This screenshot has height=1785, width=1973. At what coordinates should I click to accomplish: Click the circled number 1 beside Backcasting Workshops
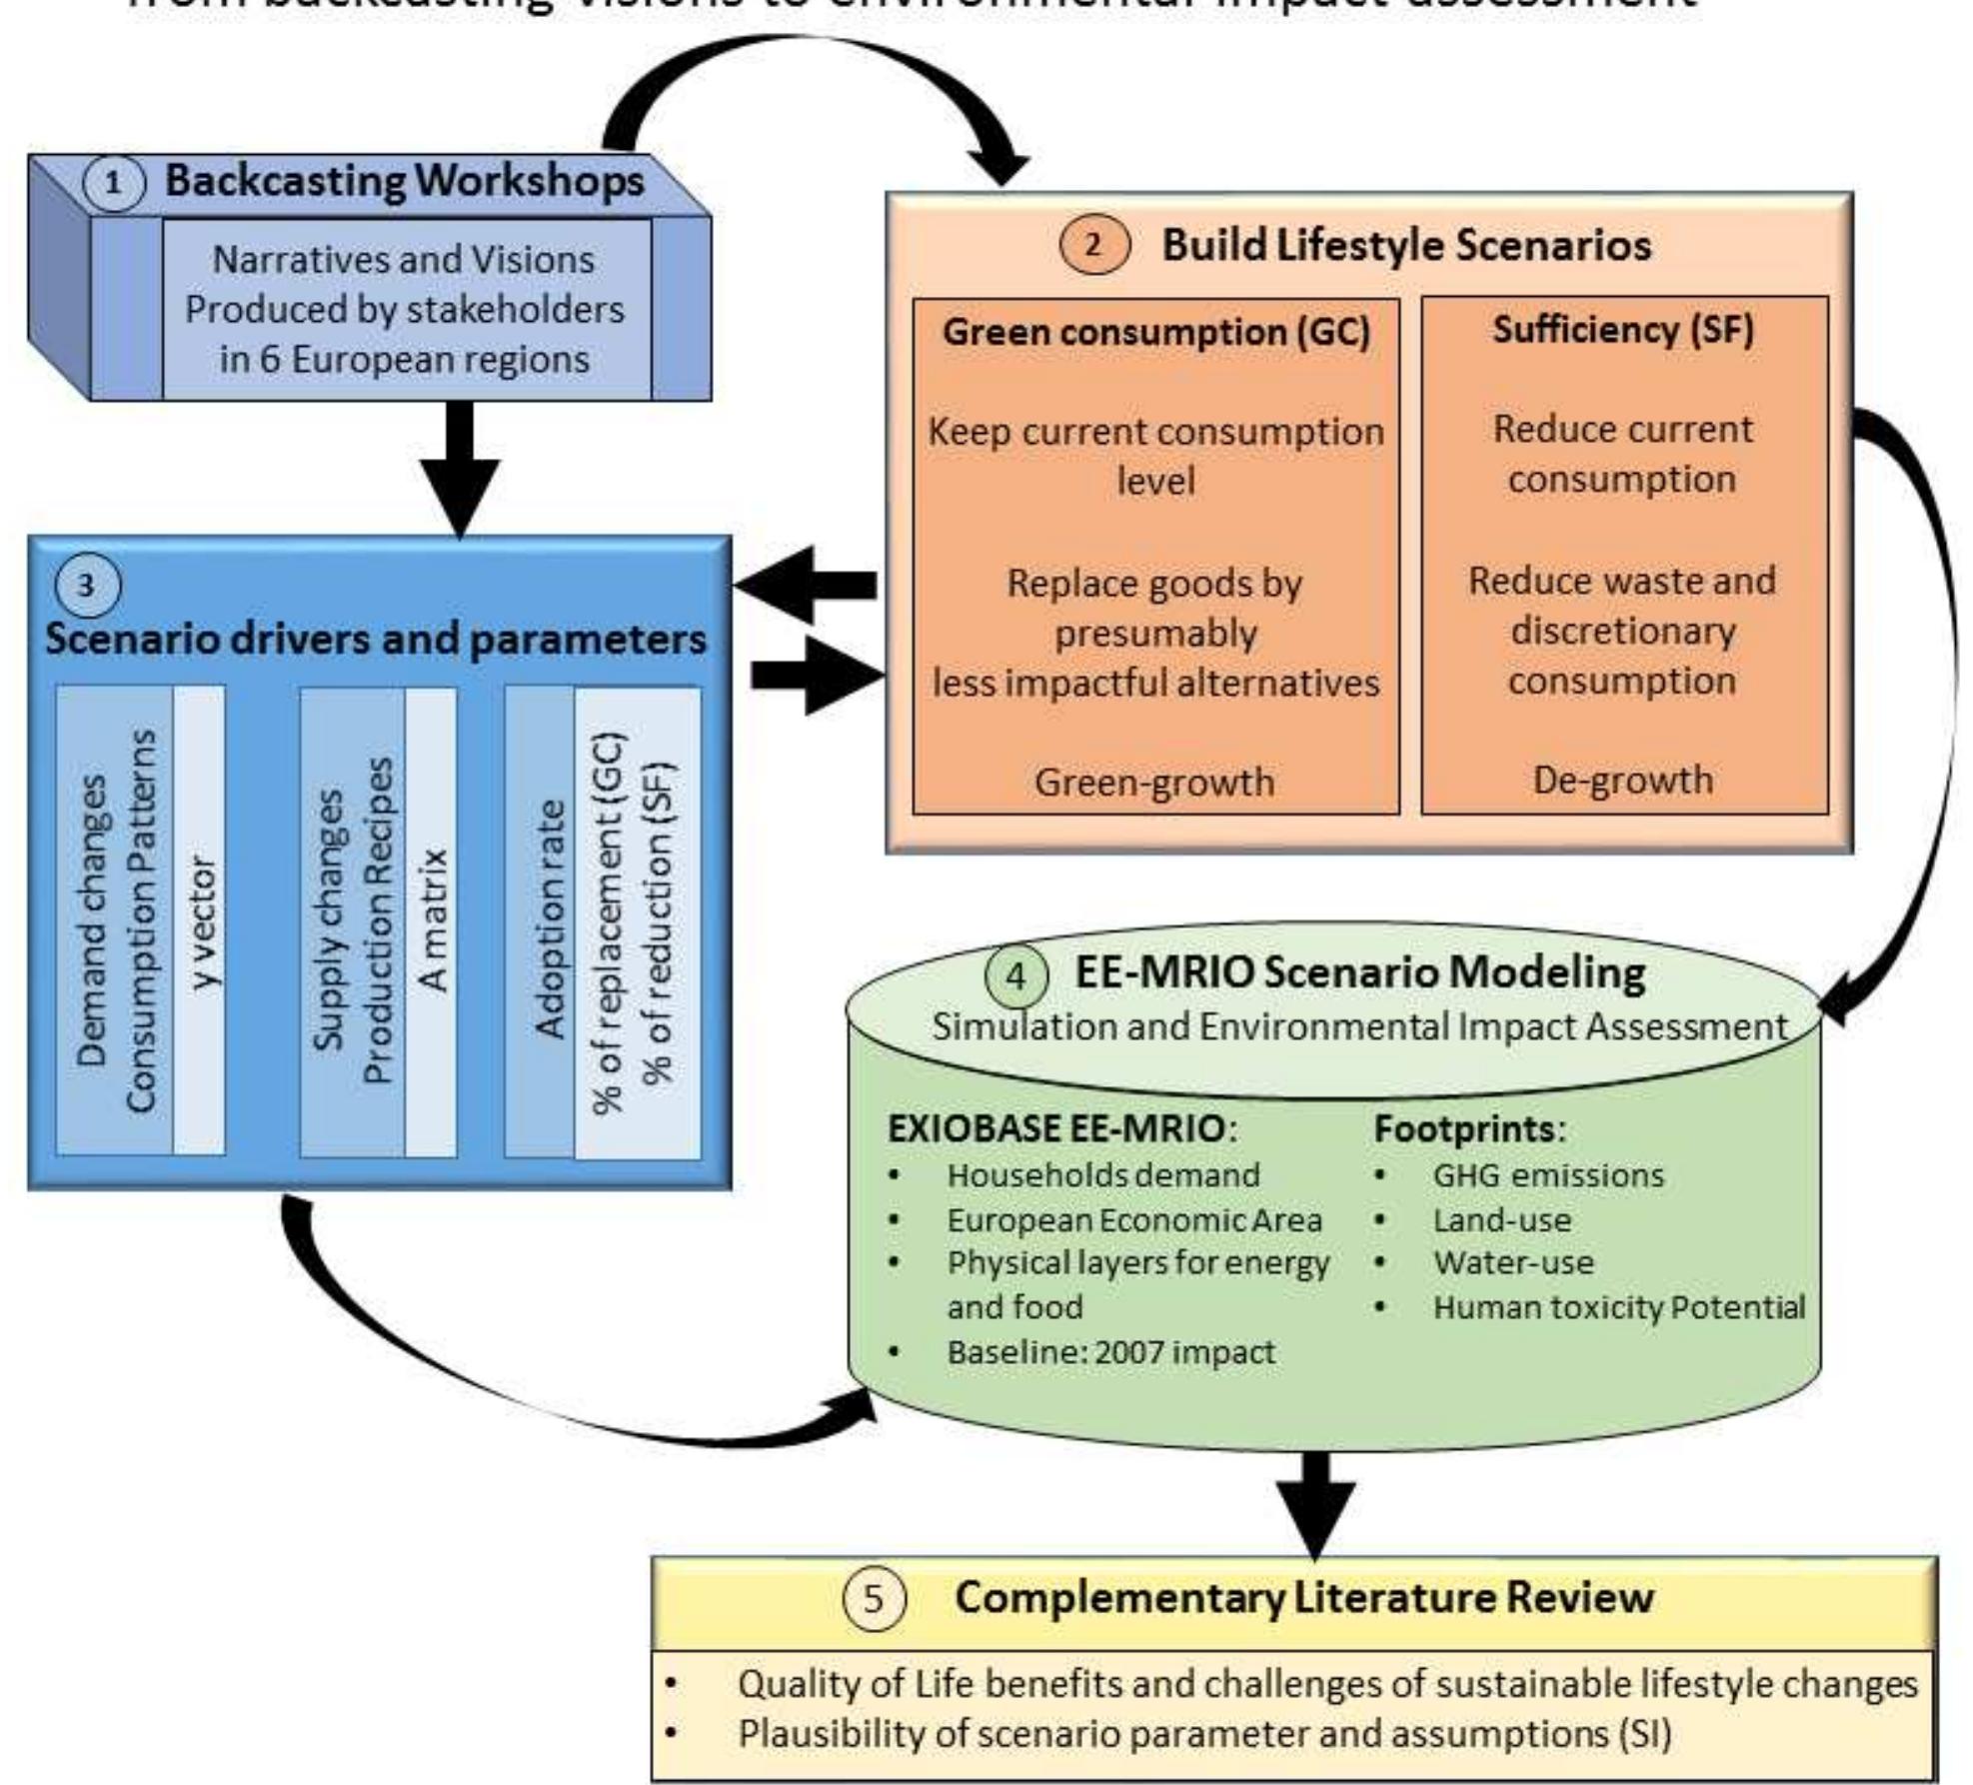113,184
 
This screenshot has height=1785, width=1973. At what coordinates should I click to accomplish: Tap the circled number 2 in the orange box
1093,245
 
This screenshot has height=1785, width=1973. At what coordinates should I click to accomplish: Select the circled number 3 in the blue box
87,586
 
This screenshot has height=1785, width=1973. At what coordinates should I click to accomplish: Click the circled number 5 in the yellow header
874,1598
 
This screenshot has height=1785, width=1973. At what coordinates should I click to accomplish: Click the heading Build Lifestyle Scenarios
1405,245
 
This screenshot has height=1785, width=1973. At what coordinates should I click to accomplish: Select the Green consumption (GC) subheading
1156,332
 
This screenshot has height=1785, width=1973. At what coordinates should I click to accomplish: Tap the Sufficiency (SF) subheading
1623,329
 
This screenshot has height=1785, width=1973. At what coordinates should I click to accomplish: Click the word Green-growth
1154,782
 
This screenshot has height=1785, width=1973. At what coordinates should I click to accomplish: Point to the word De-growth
1623,780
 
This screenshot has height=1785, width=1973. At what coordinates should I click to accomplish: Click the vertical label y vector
201,921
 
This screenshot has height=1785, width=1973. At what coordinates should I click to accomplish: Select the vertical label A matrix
432,921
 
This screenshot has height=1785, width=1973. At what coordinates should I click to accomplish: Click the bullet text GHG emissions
1548,1175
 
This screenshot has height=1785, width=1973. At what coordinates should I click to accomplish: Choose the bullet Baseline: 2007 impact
1110,1352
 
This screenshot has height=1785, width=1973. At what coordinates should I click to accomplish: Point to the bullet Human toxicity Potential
1618,1307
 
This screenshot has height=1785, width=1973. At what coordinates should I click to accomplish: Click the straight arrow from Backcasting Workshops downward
460,470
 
